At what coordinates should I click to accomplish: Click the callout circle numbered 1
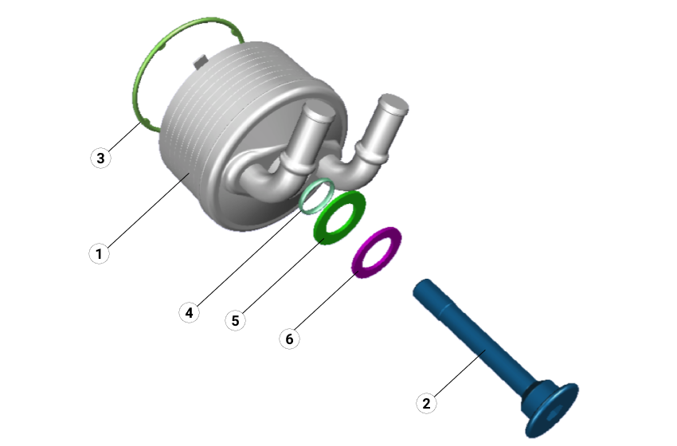(x=99, y=253)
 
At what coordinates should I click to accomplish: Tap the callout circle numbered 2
(x=426, y=403)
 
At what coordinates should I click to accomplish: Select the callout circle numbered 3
(x=100, y=158)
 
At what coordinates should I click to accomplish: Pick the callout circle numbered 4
(x=189, y=312)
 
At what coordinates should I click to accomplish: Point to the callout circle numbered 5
(x=235, y=320)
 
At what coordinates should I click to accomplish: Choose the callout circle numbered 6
(x=289, y=338)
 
